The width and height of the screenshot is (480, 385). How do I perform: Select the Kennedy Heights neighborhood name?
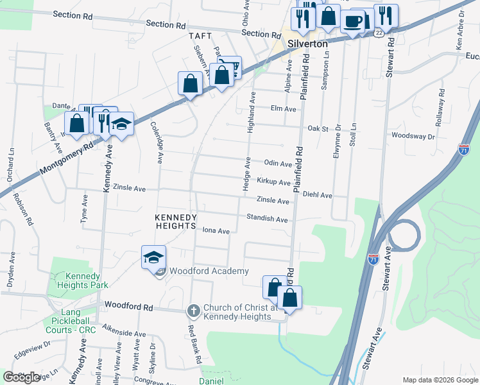175,222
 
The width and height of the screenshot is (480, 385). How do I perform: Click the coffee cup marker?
352,21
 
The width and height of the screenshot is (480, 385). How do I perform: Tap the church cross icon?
193,311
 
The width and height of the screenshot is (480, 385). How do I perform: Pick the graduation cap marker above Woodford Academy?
153,257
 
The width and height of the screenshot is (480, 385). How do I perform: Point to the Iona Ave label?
216,231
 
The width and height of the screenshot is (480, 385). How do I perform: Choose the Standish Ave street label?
267,219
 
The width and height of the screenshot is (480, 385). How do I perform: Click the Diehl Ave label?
317,195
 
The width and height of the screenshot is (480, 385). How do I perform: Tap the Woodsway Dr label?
413,136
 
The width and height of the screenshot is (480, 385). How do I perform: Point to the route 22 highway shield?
380,33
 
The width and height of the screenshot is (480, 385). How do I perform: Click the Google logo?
22,377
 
